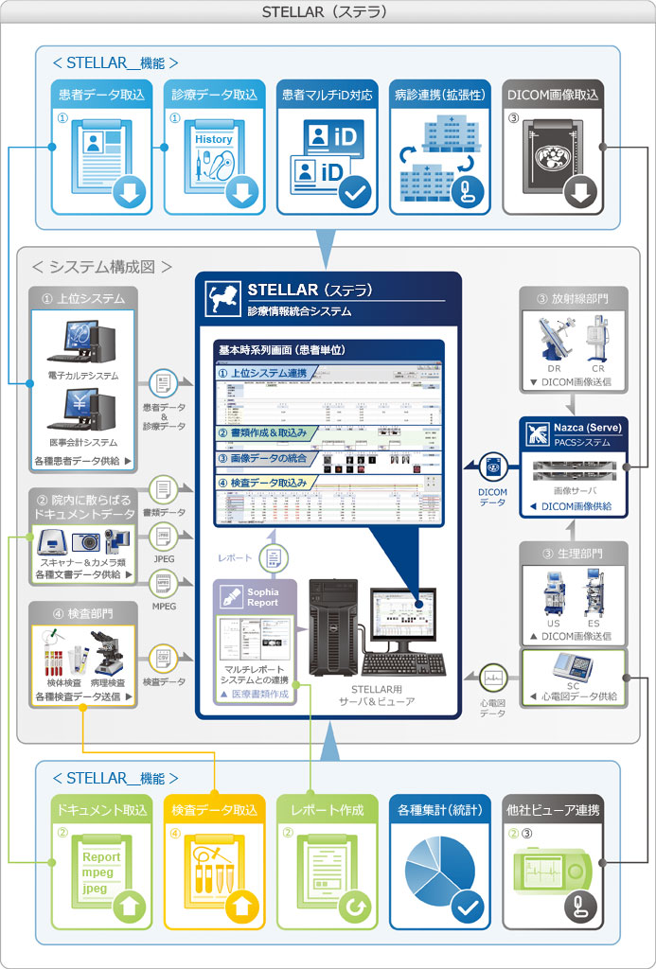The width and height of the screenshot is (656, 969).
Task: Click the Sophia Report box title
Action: point(262,597)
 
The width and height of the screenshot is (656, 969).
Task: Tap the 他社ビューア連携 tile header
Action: point(552,810)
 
